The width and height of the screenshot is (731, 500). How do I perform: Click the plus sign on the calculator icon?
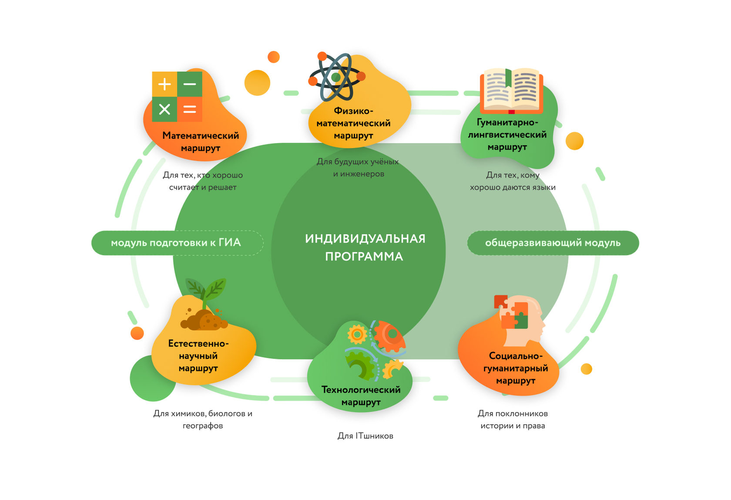point(164,84)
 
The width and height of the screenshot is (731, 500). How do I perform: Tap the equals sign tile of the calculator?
point(190,109)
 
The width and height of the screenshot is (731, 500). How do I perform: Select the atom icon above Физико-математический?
point(336,77)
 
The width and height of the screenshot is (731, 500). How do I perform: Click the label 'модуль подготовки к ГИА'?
point(176,243)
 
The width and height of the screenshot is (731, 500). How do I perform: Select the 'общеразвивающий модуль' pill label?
point(553,243)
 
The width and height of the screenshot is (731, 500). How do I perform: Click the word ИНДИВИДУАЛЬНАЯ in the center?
point(365,239)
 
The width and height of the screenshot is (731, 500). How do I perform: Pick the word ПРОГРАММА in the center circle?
point(364,257)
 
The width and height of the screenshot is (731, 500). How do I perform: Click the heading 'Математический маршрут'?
point(201,142)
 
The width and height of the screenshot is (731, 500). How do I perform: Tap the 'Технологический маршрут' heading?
point(361,396)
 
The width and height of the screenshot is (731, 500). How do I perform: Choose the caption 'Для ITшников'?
point(365,436)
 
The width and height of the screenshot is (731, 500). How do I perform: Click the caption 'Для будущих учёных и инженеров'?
point(358,168)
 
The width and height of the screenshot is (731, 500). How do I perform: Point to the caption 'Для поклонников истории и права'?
point(513,419)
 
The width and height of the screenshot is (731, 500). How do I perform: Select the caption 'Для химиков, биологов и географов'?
point(203,419)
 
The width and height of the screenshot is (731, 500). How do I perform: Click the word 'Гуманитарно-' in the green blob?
point(507,122)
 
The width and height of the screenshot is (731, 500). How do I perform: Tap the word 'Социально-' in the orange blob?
point(516,356)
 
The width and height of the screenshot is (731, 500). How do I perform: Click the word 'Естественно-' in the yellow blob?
point(198,344)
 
